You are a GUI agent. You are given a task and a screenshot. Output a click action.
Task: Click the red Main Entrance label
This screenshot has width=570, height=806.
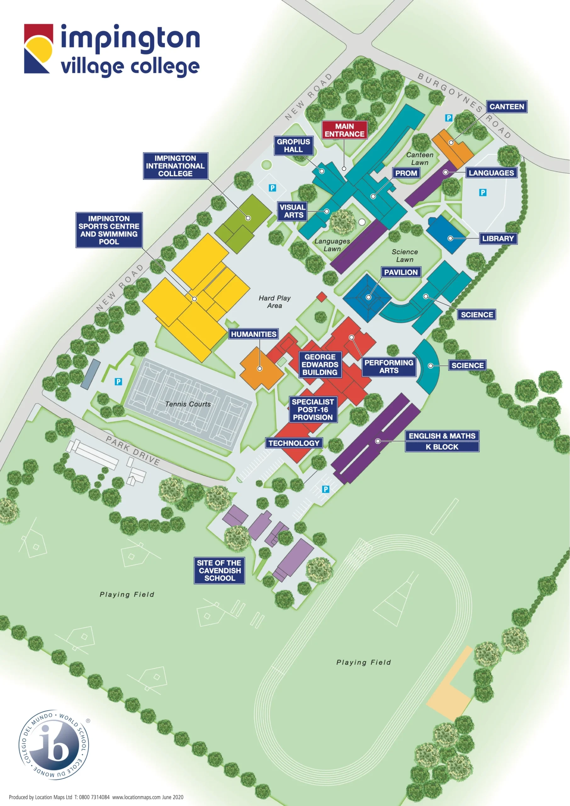344,130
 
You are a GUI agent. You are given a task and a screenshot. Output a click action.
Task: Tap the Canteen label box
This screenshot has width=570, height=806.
506,107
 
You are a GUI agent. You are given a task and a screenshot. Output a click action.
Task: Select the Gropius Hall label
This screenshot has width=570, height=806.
293,146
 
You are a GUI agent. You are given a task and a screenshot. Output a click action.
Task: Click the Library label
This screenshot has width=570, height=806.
498,239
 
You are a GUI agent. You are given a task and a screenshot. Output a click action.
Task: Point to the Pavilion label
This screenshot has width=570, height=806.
400,272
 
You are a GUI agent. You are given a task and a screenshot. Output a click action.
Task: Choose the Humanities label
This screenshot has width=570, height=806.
253,334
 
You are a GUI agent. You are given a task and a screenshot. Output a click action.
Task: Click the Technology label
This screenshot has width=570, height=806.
294,443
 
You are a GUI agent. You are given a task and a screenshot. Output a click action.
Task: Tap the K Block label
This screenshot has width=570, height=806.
442,447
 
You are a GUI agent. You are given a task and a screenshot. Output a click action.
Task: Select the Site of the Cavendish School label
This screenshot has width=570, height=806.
219,570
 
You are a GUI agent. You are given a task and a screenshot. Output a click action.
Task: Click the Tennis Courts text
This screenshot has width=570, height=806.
188,404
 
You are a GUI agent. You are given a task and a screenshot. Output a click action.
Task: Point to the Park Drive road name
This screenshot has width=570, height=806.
133,451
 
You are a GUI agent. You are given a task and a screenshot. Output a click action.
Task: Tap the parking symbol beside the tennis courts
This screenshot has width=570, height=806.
118,382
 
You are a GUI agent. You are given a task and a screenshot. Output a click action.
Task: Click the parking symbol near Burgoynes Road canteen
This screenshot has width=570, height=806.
449,118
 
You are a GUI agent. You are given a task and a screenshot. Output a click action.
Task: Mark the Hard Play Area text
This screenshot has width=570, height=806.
274,302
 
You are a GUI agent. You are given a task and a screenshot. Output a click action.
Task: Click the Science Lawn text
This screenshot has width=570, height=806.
404,256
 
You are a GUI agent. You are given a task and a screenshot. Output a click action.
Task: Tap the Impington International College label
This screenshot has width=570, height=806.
175,166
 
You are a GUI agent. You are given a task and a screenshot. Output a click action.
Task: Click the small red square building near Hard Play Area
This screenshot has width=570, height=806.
321,297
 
